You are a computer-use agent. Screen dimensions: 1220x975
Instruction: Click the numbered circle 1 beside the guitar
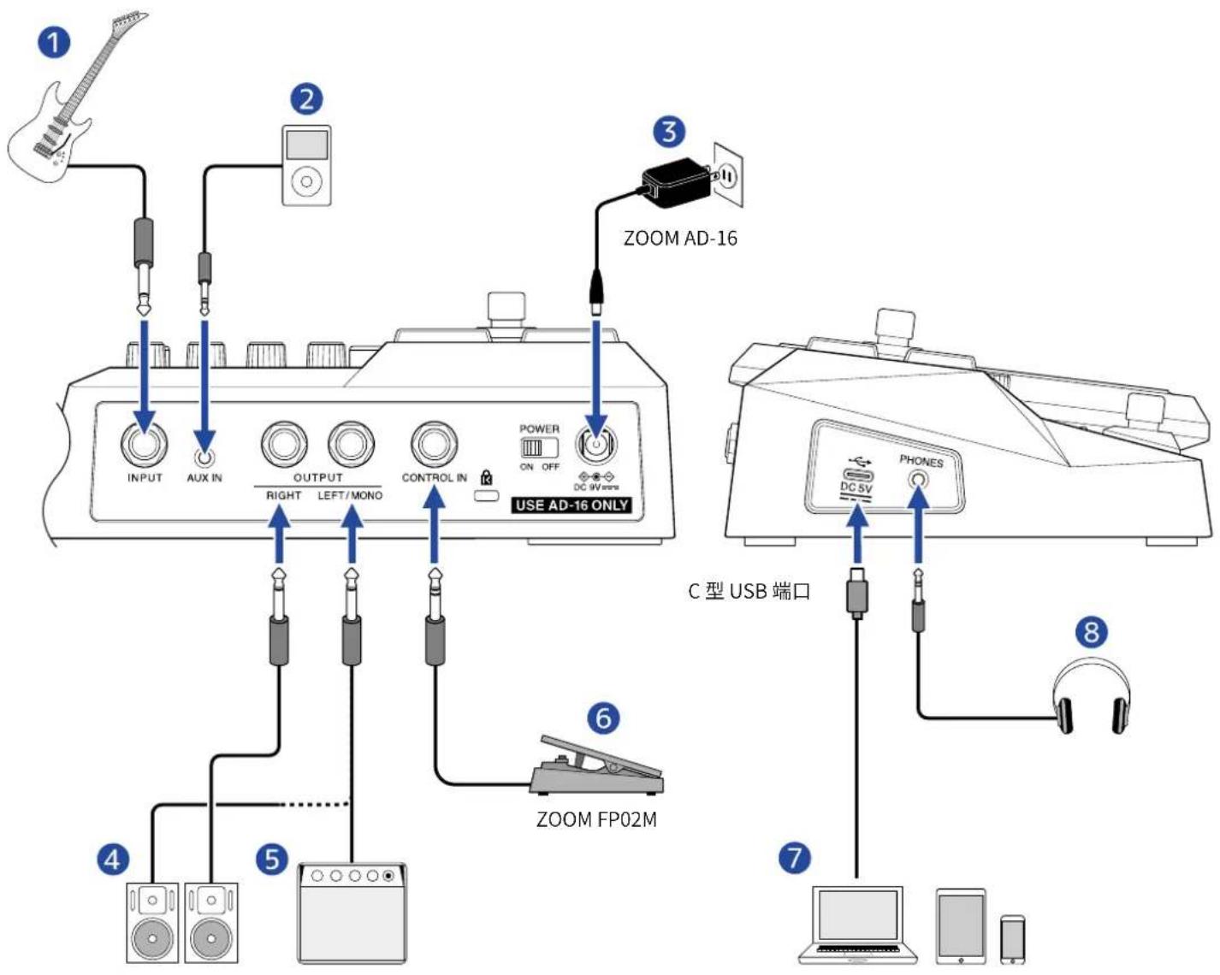click(54, 43)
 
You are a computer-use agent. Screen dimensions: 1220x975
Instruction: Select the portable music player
click(306, 165)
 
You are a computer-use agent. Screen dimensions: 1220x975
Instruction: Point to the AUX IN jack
click(204, 457)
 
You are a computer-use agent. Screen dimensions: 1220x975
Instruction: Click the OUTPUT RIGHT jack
click(284, 444)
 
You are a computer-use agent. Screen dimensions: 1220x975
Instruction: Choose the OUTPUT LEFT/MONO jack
click(352, 444)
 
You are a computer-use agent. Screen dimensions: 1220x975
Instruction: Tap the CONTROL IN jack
click(435, 444)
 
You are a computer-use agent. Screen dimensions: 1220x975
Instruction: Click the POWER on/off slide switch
click(539, 448)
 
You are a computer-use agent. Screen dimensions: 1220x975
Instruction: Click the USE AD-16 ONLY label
click(572, 505)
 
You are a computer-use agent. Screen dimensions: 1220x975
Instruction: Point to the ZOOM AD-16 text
click(680, 238)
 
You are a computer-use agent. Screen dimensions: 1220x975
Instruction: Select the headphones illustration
click(1090, 696)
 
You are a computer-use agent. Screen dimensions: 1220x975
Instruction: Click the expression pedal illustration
click(596, 765)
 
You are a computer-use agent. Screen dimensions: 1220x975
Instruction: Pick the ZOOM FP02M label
click(596, 819)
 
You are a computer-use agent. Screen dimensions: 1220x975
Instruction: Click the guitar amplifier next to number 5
click(352, 913)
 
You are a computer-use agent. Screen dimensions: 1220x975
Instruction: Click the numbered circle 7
click(795, 857)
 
